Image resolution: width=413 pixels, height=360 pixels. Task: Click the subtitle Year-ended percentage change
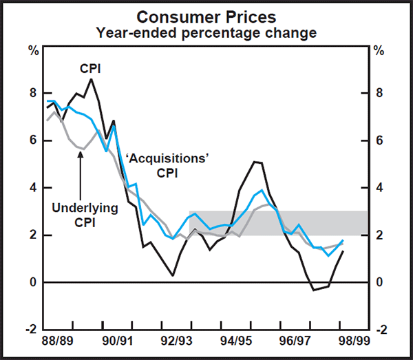(206, 32)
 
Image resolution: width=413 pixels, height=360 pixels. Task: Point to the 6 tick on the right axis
(379, 140)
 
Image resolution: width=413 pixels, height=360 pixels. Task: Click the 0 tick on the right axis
(379, 282)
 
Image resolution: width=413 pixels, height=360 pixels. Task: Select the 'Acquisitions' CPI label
(167, 165)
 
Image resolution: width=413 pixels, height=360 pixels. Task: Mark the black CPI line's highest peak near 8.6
(92, 79)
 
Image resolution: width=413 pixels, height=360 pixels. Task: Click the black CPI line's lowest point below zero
(314, 290)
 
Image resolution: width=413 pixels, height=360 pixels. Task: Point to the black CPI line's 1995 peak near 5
(256, 162)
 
